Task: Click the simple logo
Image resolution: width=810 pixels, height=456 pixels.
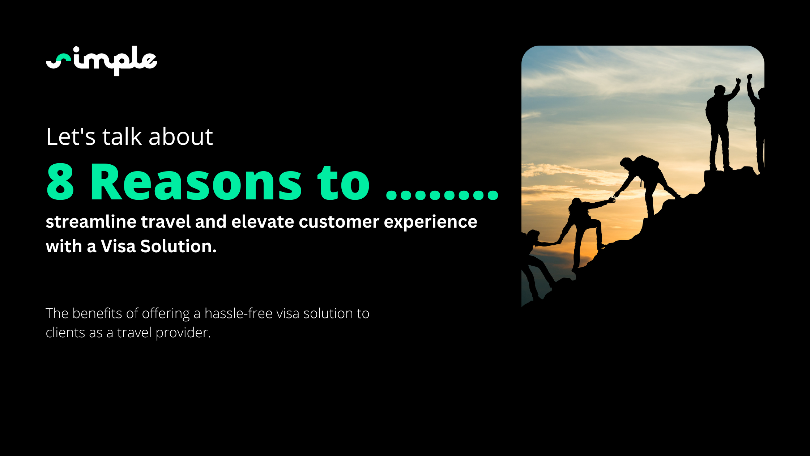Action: pyautogui.click(x=102, y=61)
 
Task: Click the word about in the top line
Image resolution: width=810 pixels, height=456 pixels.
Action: pyautogui.click(x=181, y=136)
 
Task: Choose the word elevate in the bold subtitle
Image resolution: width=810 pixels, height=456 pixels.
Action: pyautogui.click(x=263, y=221)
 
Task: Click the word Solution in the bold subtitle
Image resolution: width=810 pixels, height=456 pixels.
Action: pyautogui.click(x=178, y=246)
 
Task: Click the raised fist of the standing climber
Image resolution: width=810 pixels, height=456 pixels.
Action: pyautogui.click(x=738, y=81)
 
